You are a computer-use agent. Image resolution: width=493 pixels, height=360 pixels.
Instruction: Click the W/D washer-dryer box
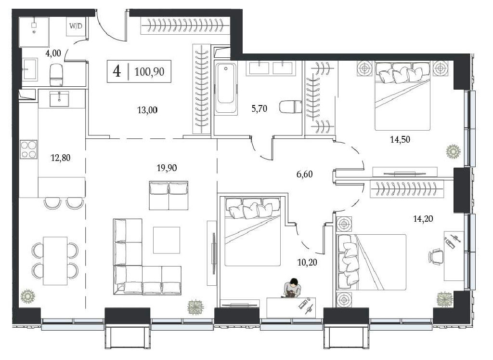pos(76,27)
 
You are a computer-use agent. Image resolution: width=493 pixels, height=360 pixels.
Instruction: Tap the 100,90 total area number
pos(149,72)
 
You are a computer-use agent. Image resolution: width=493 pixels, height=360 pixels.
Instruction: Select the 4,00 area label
pos(53,53)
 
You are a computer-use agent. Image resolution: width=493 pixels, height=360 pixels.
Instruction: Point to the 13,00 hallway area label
pos(147,110)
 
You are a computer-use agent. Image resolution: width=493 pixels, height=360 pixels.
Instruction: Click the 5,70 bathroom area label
pos(259,109)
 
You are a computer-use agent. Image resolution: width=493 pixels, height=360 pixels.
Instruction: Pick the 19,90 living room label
pos(167,168)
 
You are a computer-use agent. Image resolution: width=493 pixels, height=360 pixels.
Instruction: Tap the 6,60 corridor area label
pos(305,174)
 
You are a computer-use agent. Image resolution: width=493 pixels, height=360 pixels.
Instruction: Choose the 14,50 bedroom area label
pos(400,139)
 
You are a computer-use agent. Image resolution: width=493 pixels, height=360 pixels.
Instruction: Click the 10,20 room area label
pos(307,262)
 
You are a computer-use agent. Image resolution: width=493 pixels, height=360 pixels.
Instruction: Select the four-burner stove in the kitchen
pos(28,149)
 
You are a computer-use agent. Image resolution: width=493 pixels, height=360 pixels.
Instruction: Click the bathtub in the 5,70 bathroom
pos(226,88)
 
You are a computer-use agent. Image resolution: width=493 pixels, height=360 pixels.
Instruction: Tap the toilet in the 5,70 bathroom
pos(290,107)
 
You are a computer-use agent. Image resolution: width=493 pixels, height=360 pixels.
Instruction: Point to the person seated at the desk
pos(292,288)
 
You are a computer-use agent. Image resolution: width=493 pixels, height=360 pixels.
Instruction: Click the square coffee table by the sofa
pos(167,240)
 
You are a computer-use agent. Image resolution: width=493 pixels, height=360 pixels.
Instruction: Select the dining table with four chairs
pos(55,261)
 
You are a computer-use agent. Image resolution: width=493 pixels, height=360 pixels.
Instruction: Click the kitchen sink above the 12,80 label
pos(59,99)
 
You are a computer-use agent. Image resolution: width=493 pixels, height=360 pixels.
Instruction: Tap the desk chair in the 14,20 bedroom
pos(436,256)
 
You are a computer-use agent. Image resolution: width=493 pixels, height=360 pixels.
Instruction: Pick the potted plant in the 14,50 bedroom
pos(453,151)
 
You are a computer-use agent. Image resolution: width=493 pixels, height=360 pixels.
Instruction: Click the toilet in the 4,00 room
pos(56,75)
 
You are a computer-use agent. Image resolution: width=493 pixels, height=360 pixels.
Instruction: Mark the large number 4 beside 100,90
pos(117,71)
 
